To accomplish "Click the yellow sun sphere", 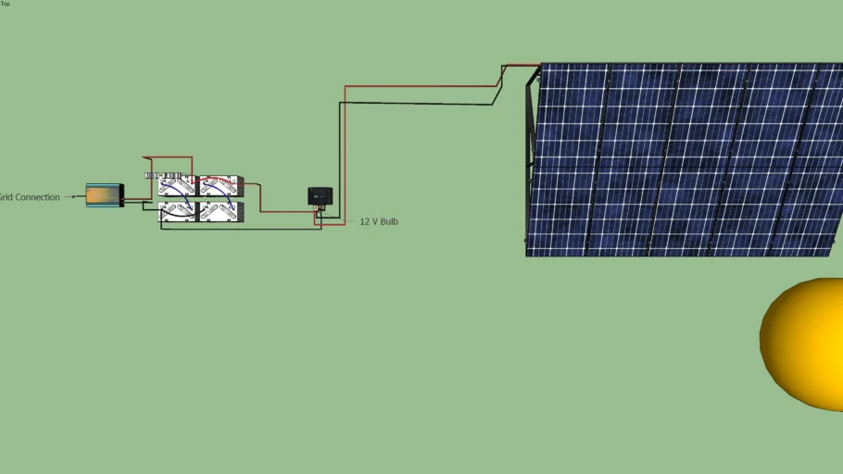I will pyautogui.click(x=804, y=343).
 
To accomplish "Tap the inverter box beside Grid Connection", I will pyautogui.click(x=104, y=194).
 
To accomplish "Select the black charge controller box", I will pyautogui.click(x=320, y=195).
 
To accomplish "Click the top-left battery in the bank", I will pyautogui.click(x=177, y=187).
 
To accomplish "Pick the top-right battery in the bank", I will pyautogui.click(x=221, y=187).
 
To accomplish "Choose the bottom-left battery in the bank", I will pyautogui.click(x=177, y=211).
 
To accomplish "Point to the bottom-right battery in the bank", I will pyautogui.click(x=221, y=211).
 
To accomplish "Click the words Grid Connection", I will pyautogui.click(x=29, y=197).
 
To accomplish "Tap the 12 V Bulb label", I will pyautogui.click(x=379, y=222).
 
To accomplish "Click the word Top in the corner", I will pyautogui.click(x=6, y=4).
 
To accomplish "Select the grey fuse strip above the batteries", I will pyautogui.click(x=163, y=174).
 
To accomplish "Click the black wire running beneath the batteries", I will pyautogui.click(x=241, y=228).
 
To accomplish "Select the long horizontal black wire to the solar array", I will pyautogui.click(x=417, y=104).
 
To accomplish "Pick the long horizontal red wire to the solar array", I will pyautogui.click(x=417, y=87).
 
